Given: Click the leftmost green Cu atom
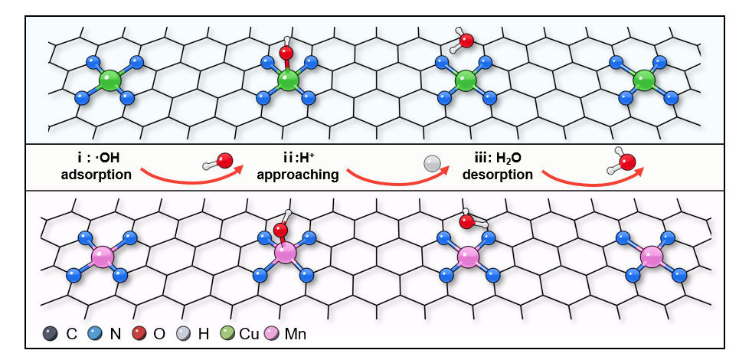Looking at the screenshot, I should click(110, 79).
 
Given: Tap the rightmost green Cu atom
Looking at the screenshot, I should click(645, 80).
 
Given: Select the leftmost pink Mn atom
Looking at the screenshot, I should click(102, 256).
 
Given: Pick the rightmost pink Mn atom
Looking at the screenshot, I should click(652, 257).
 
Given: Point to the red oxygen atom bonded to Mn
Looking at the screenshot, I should click(280, 230).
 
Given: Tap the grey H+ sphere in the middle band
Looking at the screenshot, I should click(432, 163).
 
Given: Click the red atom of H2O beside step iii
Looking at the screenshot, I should click(627, 162).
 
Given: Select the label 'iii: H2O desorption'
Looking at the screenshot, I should click(502, 166).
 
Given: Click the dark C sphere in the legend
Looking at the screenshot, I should click(51, 334).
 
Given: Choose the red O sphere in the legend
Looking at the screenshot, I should click(140, 334).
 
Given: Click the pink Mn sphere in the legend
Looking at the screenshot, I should click(271, 334).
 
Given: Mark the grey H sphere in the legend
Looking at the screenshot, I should click(185, 334).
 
